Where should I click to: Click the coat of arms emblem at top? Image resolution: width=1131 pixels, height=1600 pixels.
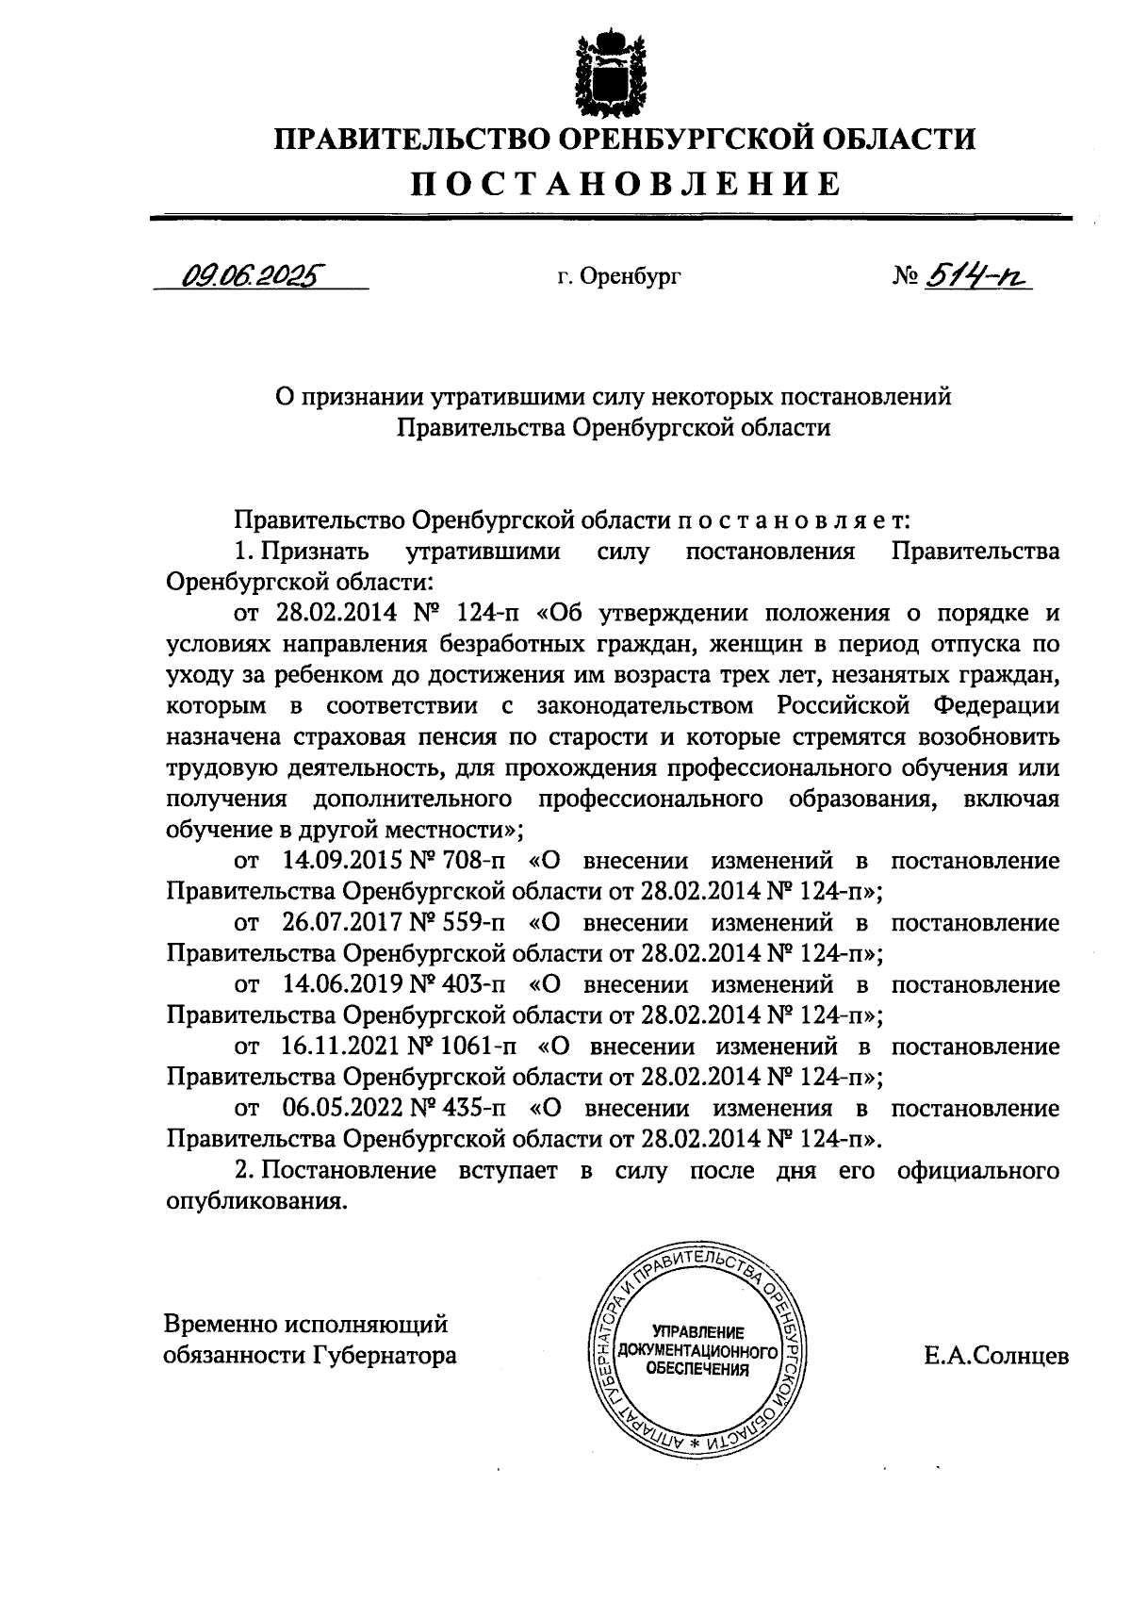coord(613,71)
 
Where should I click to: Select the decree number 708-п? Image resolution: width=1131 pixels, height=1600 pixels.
coord(472,861)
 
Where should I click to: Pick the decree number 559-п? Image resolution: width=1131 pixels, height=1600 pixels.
coord(472,922)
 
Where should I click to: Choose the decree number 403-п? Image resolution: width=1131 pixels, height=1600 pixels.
coord(472,984)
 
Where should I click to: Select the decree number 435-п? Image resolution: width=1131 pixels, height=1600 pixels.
coord(472,1108)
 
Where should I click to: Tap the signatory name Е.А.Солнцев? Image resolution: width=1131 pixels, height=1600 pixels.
coord(996,1356)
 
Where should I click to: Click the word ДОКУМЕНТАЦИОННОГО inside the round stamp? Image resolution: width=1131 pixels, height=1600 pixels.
coord(697,1351)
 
